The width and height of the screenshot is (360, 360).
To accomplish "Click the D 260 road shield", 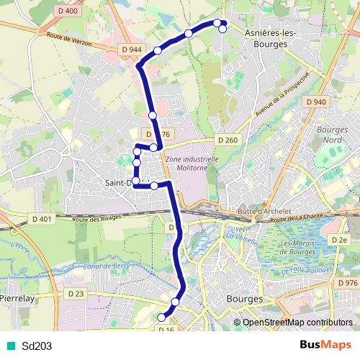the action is tap(227, 140).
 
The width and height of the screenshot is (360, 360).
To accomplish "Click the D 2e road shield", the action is tap(340, 238).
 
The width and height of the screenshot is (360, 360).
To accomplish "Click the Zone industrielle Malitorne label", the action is tap(192, 163).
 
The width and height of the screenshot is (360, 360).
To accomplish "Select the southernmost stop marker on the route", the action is tap(162, 318).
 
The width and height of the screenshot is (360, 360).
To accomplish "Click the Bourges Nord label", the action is tap(329, 134).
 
